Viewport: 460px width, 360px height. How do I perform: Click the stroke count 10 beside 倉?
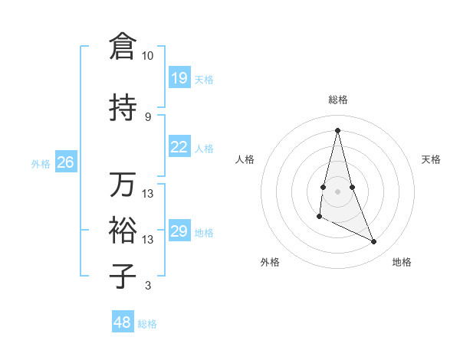point(147,56)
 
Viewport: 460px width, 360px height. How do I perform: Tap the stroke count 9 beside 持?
point(147,116)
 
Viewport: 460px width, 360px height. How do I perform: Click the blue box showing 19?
point(179,78)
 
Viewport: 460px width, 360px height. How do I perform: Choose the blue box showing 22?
point(179,147)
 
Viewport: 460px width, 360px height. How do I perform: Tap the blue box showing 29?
point(179,231)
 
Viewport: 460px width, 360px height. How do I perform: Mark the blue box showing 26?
point(65,162)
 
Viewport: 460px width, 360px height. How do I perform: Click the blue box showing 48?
point(123,322)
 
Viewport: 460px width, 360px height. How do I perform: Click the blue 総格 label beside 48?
point(147,324)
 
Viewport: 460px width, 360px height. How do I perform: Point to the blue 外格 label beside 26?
point(41,163)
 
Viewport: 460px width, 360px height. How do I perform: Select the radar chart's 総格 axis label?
point(337,100)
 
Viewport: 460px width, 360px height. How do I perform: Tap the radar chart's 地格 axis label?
point(402,262)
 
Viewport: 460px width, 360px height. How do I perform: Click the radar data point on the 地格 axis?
point(374,242)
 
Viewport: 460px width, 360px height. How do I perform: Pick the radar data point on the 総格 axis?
point(337,129)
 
